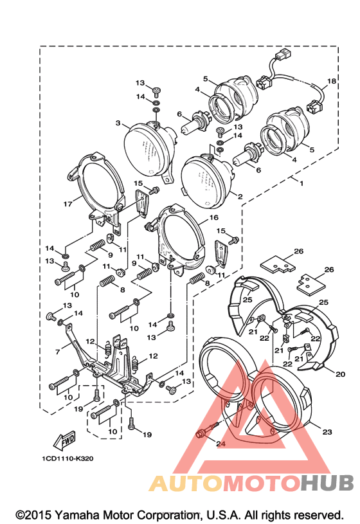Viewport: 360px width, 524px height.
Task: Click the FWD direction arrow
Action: [64, 441]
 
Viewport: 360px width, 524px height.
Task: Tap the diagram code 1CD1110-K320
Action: [67, 458]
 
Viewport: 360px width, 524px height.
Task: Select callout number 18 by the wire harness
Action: [332, 81]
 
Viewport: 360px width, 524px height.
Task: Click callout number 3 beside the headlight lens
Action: [118, 123]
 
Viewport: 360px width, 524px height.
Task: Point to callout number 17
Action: [68, 204]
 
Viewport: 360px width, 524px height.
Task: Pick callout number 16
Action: [213, 217]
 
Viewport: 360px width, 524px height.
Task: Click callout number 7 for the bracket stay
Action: [57, 352]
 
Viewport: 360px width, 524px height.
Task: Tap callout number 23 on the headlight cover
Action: [327, 432]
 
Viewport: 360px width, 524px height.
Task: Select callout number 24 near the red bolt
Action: [221, 444]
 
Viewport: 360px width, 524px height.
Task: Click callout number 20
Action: [340, 374]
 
